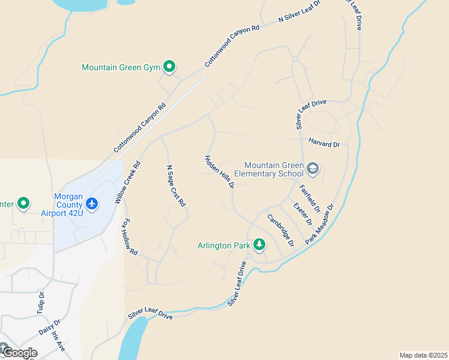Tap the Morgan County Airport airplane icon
pos(92,204)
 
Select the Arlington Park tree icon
pos(259,244)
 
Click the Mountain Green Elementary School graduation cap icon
pos(312,169)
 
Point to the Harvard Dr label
pos(324,144)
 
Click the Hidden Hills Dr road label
pos(219,172)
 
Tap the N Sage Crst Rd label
pos(175,186)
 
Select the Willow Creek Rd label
pos(127,182)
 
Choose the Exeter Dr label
pos(303,214)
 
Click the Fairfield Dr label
pos(310,199)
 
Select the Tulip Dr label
pos(41,304)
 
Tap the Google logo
pos(19,352)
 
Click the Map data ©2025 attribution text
pos(423,355)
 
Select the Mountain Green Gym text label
pos(121,67)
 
